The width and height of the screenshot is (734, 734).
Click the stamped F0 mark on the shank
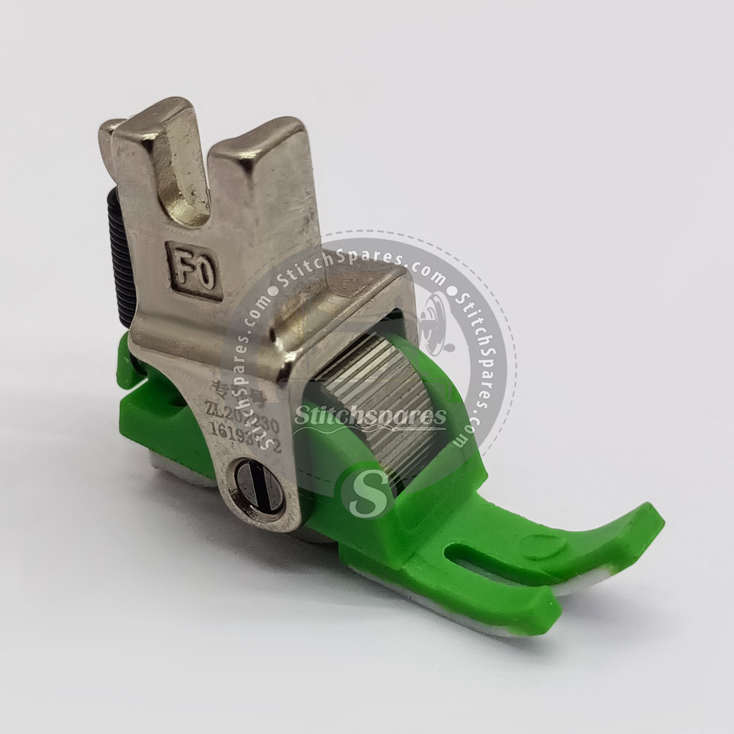pyautogui.click(x=194, y=271)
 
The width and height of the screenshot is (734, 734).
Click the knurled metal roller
pyautogui.click(x=376, y=403)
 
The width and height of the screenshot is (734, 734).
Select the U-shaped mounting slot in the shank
pyautogui.click(x=186, y=182)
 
